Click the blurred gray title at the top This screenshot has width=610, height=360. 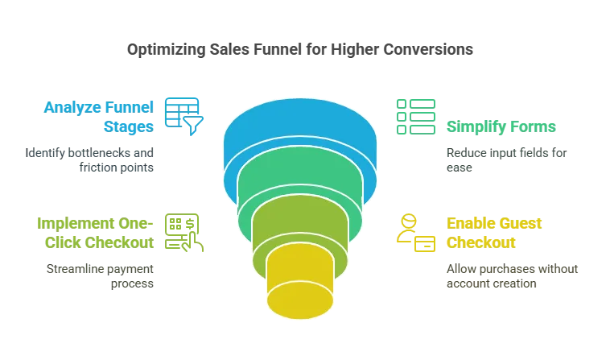click(x=299, y=51)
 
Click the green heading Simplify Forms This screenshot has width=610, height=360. click(x=501, y=126)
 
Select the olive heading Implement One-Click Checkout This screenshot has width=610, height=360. click(x=94, y=232)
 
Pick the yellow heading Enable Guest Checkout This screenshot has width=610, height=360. click(x=481, y=232)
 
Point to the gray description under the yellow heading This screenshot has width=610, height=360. click(x=510, y=275)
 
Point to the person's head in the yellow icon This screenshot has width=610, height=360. click(x=407, y=219)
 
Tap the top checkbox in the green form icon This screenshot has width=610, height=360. click(x=399, y=103)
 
